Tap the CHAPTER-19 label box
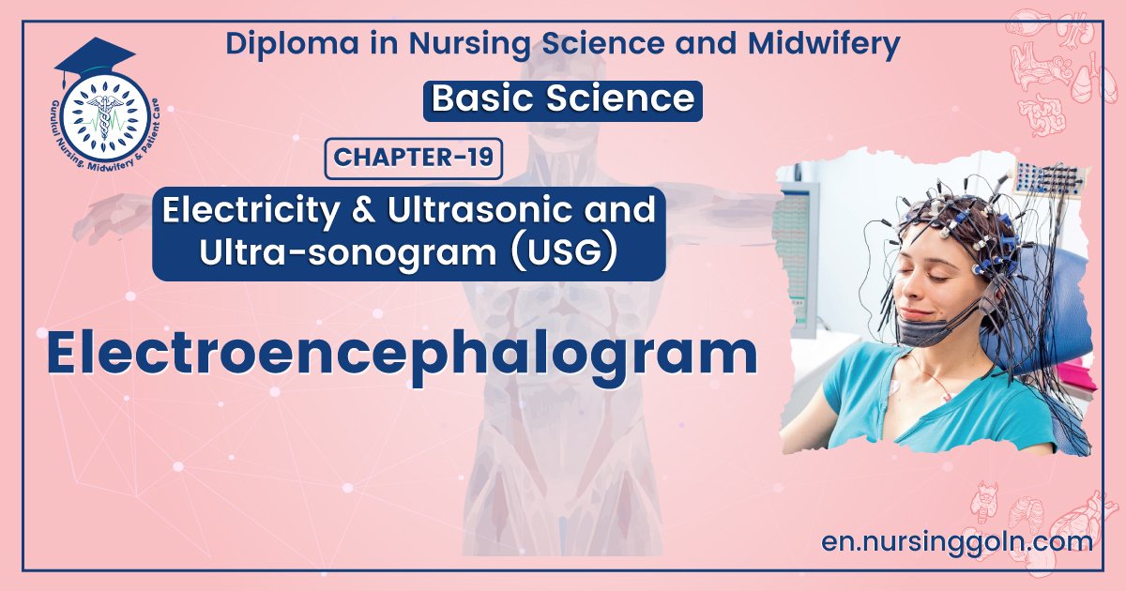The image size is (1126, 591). point(414,158)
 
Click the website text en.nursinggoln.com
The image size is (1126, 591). point(956,541)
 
